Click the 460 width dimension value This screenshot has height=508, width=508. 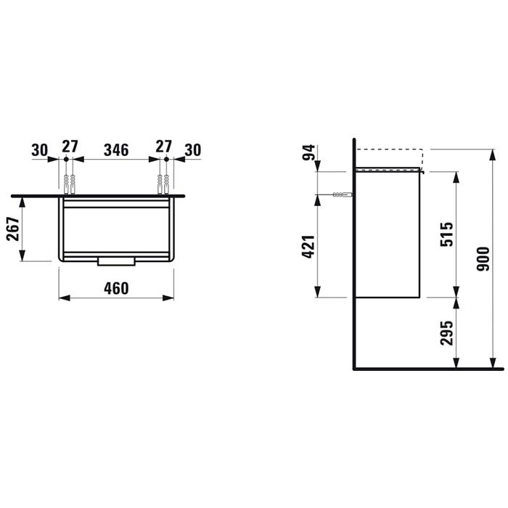pyautogui.click(x=115, y=288)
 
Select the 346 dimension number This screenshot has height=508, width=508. pyautogui.click(x=116, y=150)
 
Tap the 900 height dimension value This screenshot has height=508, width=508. pyautogui.click(x=484, y=259)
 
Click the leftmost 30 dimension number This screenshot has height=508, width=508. pyautogui.click(x=40, y=150)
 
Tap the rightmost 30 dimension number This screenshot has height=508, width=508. pyautogui.click(x=192, y=150)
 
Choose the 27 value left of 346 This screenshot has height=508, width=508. pyautogui.click(x=68, y=147)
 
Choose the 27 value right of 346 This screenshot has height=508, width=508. pyautogui.click(x=165, y=147)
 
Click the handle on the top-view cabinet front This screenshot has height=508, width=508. pyautogui.click(x=115, y=261)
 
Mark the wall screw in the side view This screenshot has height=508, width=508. pyautogui.click(x=342, y=194)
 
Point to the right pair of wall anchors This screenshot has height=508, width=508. pyautogui.click(x=163, y=184)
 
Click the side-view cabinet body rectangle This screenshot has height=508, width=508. pyautogui.click(x=388, y=236)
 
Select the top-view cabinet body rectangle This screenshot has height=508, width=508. pyautogui.click(x=115, y=229)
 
